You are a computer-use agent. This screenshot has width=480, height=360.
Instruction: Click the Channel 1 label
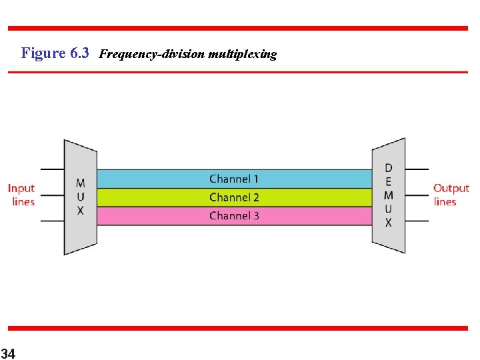233,179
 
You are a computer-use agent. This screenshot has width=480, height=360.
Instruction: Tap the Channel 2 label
233,197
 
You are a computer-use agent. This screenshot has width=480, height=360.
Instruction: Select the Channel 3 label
233,215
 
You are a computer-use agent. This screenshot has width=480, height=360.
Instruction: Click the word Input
21,189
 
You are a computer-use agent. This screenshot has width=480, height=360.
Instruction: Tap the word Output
451,189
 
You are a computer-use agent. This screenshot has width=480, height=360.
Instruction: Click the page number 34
9,352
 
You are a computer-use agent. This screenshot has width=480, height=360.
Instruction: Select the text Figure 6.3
55,53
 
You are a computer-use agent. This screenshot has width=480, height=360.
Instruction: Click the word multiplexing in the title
242,54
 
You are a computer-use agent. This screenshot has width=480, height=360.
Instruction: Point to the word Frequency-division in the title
152,54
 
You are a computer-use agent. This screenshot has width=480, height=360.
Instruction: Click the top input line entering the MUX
53,169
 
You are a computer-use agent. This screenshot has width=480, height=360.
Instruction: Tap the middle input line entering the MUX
53,195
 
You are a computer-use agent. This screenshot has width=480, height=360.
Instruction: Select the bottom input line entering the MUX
53,221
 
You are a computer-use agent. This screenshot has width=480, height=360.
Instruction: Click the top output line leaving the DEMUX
417,169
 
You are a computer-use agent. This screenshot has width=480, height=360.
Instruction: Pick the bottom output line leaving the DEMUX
417,221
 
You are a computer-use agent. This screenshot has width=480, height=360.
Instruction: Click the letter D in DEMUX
389,168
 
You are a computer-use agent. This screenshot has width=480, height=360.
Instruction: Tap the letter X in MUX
80,210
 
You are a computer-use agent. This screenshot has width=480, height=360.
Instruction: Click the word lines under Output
445,201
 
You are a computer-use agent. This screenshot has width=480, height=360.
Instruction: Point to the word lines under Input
23,201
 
